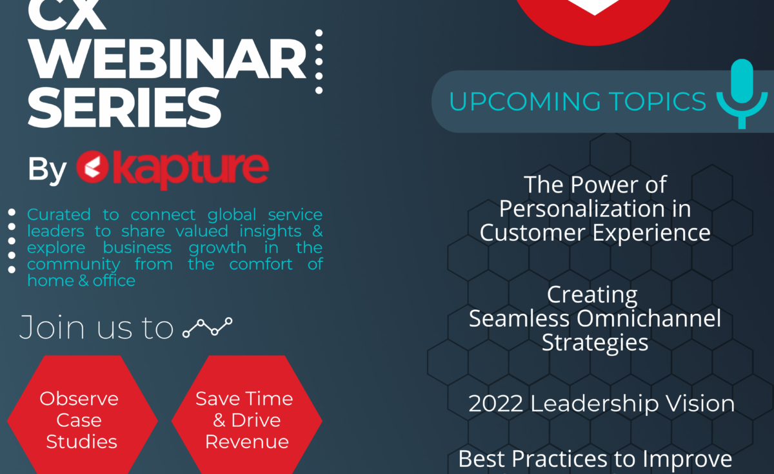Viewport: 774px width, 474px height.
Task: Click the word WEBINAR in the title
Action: click(167, 59)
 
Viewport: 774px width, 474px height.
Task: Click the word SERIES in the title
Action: click(124, 107)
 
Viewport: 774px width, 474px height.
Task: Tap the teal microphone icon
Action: click(742, 94)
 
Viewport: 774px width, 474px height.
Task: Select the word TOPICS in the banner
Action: click(657, 101)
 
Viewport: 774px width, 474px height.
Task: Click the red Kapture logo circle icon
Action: click(92, 167)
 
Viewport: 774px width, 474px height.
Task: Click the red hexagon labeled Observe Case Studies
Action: click(83, 415)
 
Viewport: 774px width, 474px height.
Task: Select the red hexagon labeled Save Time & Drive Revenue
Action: click(246, 415)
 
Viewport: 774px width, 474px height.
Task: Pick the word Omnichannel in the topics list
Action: click(649, 318)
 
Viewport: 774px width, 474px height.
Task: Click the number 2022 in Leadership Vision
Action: click(495, 404)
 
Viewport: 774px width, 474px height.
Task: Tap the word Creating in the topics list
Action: click(592, 295)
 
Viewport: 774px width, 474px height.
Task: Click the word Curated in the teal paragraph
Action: click(59, 214)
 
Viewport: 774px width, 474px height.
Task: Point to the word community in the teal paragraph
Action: click(74, 265)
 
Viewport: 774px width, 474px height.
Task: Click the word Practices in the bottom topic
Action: click(559, 459)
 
